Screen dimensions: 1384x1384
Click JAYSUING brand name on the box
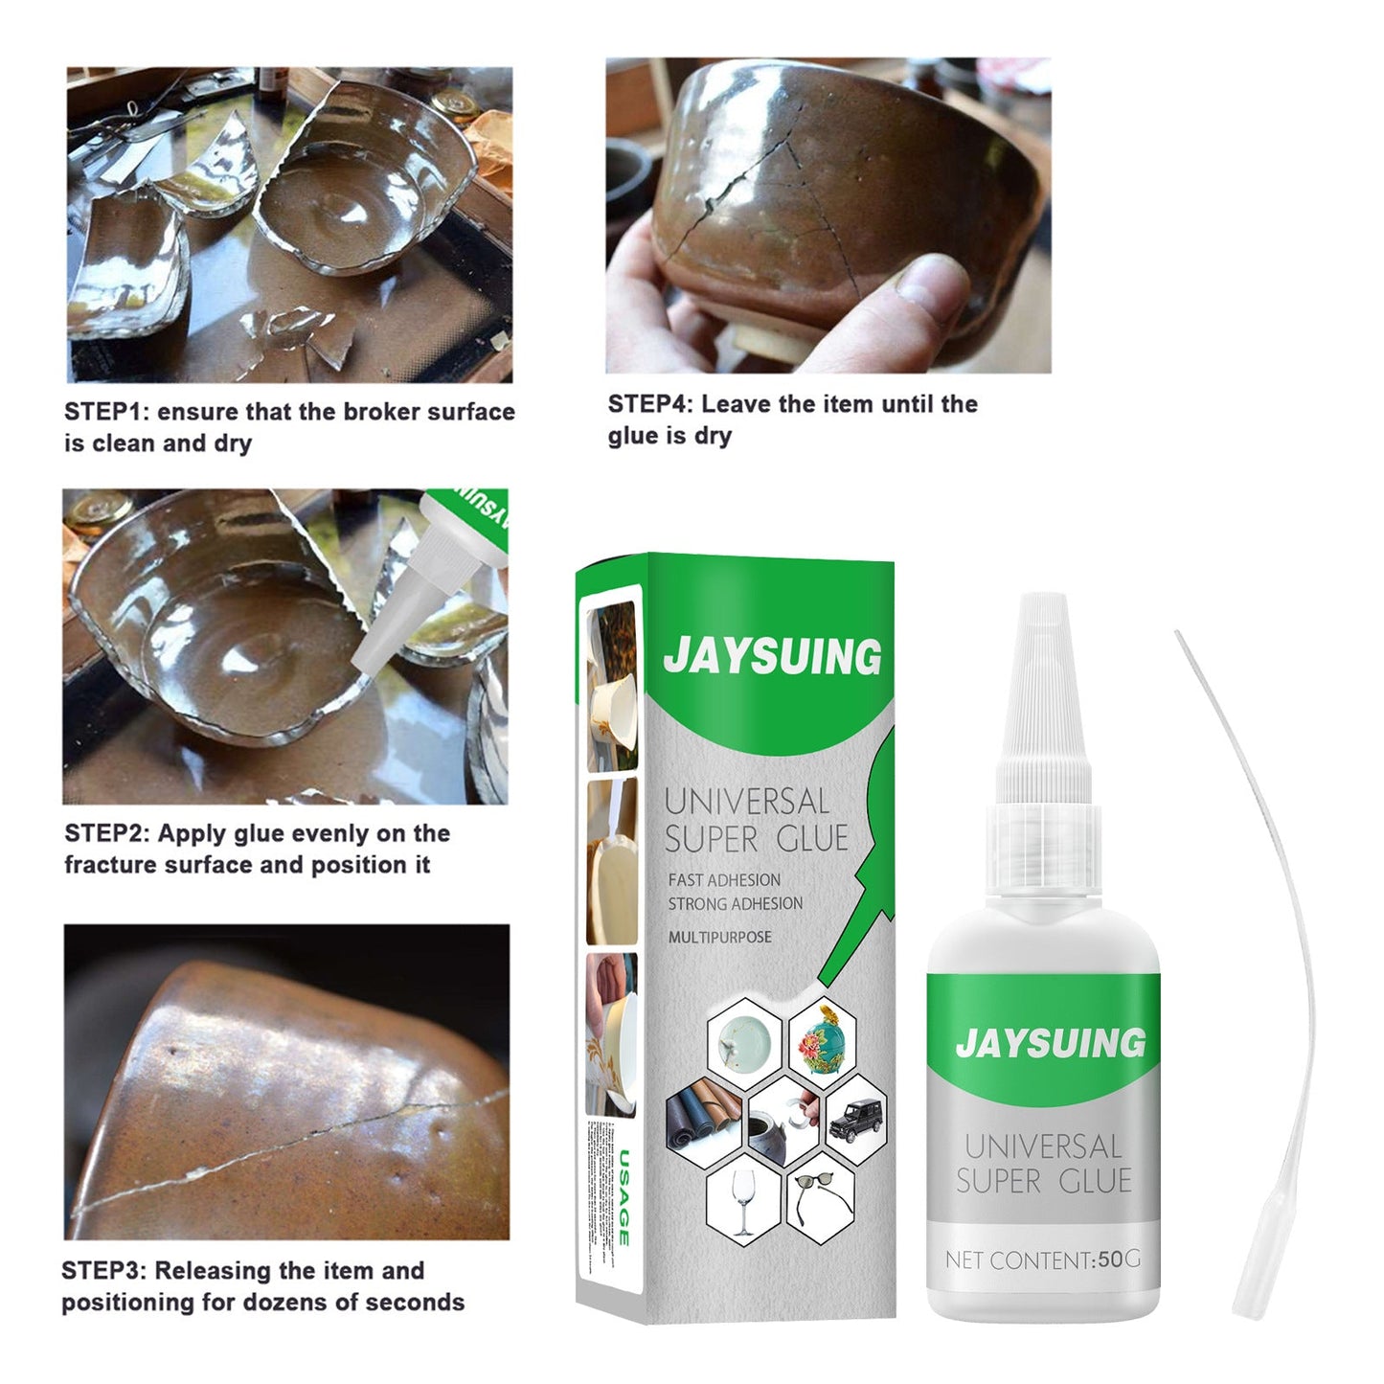[772, 656]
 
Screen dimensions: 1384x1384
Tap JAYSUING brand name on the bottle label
[1050, 1043]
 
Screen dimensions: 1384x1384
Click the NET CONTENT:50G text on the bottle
[1042, 1259]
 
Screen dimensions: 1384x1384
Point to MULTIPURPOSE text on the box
[719, 937]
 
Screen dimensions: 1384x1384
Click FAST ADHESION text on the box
[724, 879]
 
